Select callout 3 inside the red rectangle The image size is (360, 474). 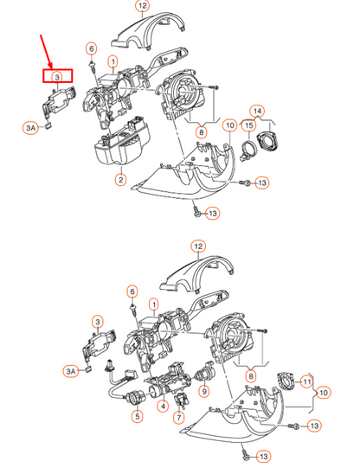point(56,77)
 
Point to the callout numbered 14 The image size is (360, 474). point(256,111)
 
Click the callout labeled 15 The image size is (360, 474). point(248,126)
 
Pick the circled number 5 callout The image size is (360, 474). point(136,416)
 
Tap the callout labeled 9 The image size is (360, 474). point(204,391)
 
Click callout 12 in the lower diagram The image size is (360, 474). point(198,247)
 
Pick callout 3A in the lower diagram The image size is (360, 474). point(71,370)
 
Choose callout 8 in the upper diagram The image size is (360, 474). point(201,131)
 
